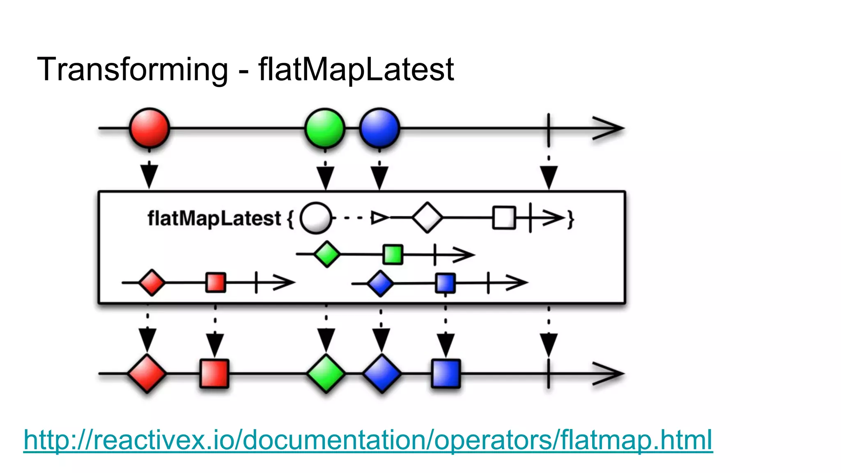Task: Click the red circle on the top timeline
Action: click(x=149, y=128)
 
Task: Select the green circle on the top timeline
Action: click(x=325, y=128)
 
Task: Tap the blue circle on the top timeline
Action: click(x=379, y=128)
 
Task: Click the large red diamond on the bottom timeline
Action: click(x=147, y=374)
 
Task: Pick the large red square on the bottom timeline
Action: click(x=214, y=374)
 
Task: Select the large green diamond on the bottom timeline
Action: click(x=326, y=374)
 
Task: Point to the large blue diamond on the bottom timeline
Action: click(x=382, y=374)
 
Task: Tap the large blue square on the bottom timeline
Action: click(x=446, y=374)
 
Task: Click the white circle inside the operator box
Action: click(x=316, y=218)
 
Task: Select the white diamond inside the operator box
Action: click(x=427, y=218)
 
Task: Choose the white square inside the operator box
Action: click(x=504, y=218)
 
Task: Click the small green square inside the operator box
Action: click(x=393, y=255)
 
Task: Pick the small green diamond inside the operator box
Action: click(x=327, y=255)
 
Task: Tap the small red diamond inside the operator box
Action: click(x=152, y=282)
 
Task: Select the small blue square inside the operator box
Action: click(x=446, y=283)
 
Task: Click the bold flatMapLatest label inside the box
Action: click(x=214, y=218)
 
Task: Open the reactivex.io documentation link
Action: click(x=368, y=440)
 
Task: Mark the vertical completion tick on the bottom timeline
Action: click(x=549, y=374)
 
